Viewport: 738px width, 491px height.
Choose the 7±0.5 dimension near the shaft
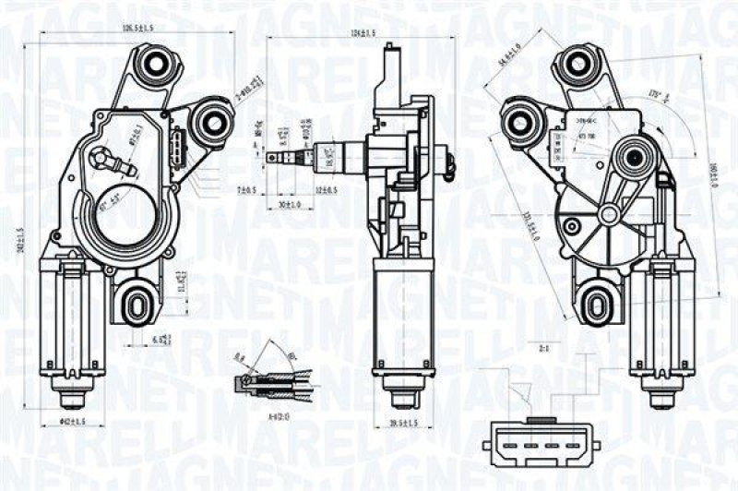(x=245, y=189)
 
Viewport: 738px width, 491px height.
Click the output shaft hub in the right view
(x=635, y=158)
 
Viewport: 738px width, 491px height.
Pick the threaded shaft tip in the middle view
(x=277, y=156)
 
